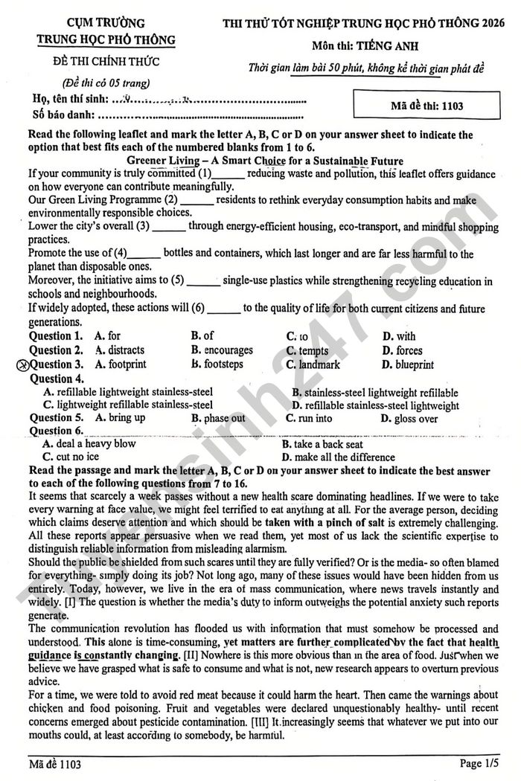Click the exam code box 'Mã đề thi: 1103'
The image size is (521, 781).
click(x=426, y=106)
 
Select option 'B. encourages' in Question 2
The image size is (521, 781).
click(x=222, y=350)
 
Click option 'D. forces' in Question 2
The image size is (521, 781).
click(x=402, y=350)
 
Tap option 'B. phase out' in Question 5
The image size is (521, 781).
click(x=218, y=418)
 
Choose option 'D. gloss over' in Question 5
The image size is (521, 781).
click(x=409, y=418)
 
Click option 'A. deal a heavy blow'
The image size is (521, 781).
click(x=89, y=443)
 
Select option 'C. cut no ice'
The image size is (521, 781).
click(x=71, y=457)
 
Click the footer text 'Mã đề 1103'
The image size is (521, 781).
click(x=53, y=764)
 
